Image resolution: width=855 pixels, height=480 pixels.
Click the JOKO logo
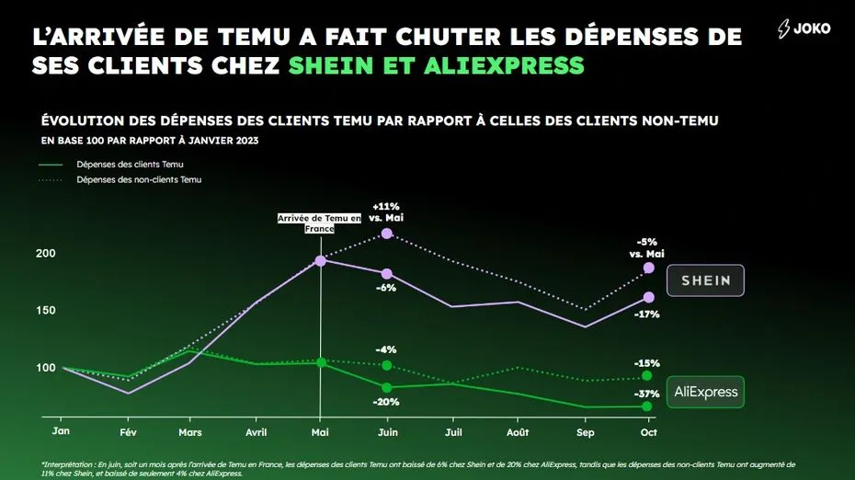804,29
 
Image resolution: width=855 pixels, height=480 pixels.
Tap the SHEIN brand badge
705,280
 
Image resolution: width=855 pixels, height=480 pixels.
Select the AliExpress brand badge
705,392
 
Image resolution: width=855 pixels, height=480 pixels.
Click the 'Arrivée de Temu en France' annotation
320,223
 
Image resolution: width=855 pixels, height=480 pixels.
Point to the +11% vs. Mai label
386,211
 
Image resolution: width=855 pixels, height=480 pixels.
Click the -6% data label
386,288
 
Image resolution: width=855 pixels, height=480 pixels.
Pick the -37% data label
646,394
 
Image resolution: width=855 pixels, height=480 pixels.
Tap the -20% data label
386,402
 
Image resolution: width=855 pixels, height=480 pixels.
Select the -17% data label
646,314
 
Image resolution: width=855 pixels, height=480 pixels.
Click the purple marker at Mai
321,261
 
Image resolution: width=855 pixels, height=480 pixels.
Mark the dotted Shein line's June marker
387,234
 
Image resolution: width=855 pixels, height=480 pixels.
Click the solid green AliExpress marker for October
646,406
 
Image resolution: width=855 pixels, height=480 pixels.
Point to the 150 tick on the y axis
46,311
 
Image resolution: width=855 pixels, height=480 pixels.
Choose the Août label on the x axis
518,432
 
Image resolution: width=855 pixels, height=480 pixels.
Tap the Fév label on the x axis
128,432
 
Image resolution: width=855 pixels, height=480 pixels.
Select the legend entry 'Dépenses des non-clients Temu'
120,179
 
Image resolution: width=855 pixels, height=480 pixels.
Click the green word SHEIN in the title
331,65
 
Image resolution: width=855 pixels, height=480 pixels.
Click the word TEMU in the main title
254,37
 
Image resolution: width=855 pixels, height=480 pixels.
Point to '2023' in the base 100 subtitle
246,140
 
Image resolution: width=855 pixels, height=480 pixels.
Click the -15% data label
646,363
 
